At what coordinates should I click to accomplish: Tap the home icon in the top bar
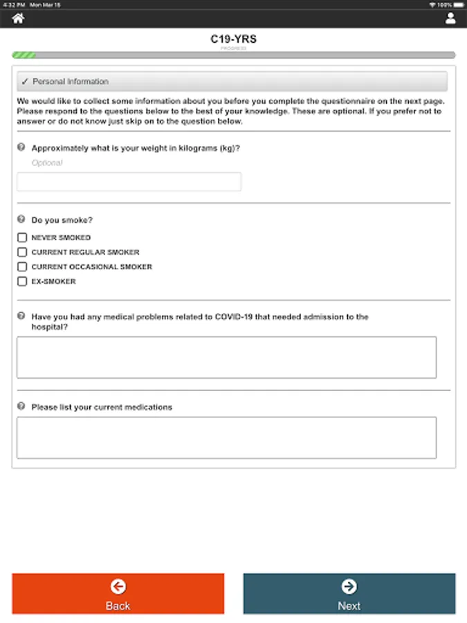tap(18, 19)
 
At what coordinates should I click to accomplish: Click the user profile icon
tap(450, 19)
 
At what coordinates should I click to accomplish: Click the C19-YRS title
tap(233, 39)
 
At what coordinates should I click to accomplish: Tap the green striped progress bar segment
tap(24, 55)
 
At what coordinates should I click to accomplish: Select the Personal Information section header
tap(232, 82)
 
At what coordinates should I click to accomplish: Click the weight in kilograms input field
tap(129, 182)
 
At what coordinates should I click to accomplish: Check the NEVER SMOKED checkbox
tap(22, 237)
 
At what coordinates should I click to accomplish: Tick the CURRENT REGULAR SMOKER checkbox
tap(22, 252)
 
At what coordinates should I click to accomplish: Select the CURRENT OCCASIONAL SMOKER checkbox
tap(22, 267)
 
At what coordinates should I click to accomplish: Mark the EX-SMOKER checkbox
tap(22, 281)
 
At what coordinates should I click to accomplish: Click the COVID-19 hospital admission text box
tap(226, 357)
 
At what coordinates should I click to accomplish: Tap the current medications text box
tap(226, 437)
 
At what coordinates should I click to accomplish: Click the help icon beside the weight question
tap(21, 147)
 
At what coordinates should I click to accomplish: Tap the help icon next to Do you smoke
tap(21, 219)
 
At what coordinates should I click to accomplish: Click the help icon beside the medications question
tap(21, 406)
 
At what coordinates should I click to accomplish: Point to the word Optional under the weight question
tap(47, 163)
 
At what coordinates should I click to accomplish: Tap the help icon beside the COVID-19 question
tap(21, 316)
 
